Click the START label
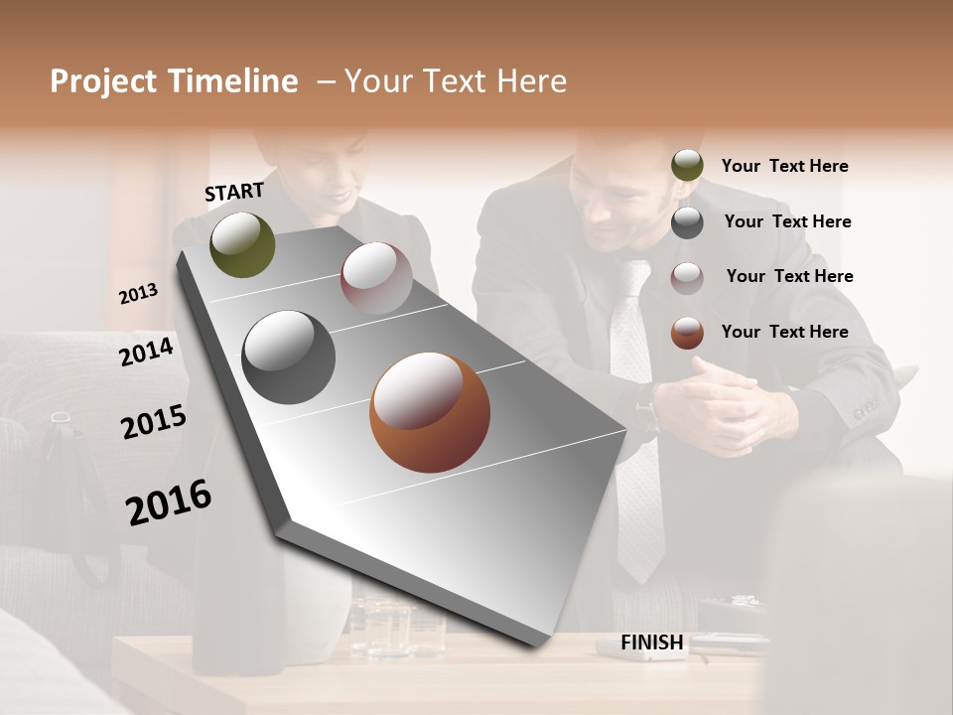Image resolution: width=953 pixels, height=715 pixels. (x=234, y=192)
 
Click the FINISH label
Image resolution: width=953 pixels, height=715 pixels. (x=652, y=643)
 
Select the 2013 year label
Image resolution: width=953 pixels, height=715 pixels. (x=138, y=293)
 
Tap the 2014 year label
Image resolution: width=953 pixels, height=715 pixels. (x=147, y=352)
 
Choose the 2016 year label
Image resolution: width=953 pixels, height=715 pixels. (x=169, y=502)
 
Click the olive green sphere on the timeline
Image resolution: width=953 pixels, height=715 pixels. (x=242, y=244)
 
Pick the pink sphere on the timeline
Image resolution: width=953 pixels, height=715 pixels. (x=376, y=277)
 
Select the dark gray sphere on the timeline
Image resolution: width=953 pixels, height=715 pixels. (x=288, y=357)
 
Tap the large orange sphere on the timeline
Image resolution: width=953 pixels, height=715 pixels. (x=430, y=411)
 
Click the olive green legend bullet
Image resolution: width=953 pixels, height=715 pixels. (x=687, y=165)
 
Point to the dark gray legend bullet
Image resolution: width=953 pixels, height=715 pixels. (x=687, y=222)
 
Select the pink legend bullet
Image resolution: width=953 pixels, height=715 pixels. (x=687, y=277)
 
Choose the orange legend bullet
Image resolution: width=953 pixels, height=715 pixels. (x=687, y=333)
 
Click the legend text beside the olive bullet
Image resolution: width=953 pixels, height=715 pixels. (x=784, y=166)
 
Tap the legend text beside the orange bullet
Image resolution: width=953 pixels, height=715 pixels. (x=784, y=332)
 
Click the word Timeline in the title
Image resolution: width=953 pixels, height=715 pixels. (x=233, y=81)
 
